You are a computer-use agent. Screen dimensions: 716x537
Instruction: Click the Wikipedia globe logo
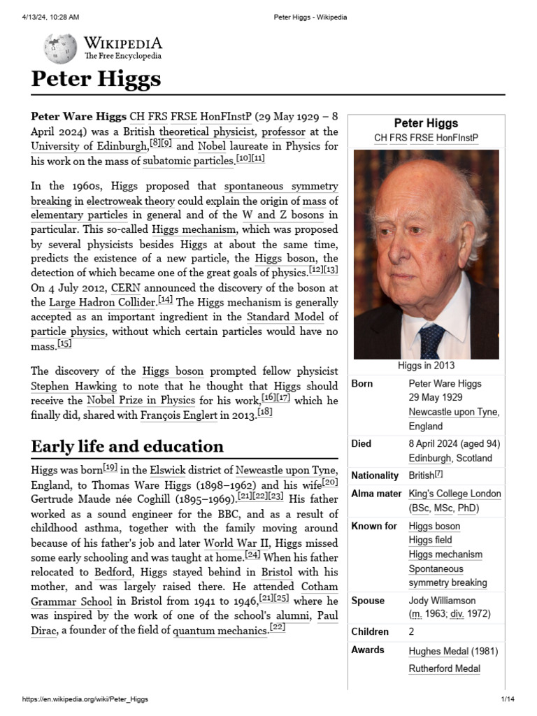coord(60,48)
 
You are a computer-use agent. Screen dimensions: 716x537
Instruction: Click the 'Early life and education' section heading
coord(127,446)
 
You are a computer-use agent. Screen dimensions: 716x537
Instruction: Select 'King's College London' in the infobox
coord(454,494)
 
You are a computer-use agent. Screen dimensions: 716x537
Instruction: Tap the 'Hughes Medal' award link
coord(438,651)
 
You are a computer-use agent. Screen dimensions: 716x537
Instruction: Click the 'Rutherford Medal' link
coord(444,668)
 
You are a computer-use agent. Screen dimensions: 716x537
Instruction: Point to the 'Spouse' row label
coord(368,601)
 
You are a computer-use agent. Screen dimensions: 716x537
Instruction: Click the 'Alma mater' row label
coord(376,494)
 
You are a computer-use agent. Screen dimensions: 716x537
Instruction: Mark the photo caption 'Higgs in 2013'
coord(426,365)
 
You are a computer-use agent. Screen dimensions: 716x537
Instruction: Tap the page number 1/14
coord(508,699)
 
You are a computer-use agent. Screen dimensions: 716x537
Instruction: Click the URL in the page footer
coord(85,699)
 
